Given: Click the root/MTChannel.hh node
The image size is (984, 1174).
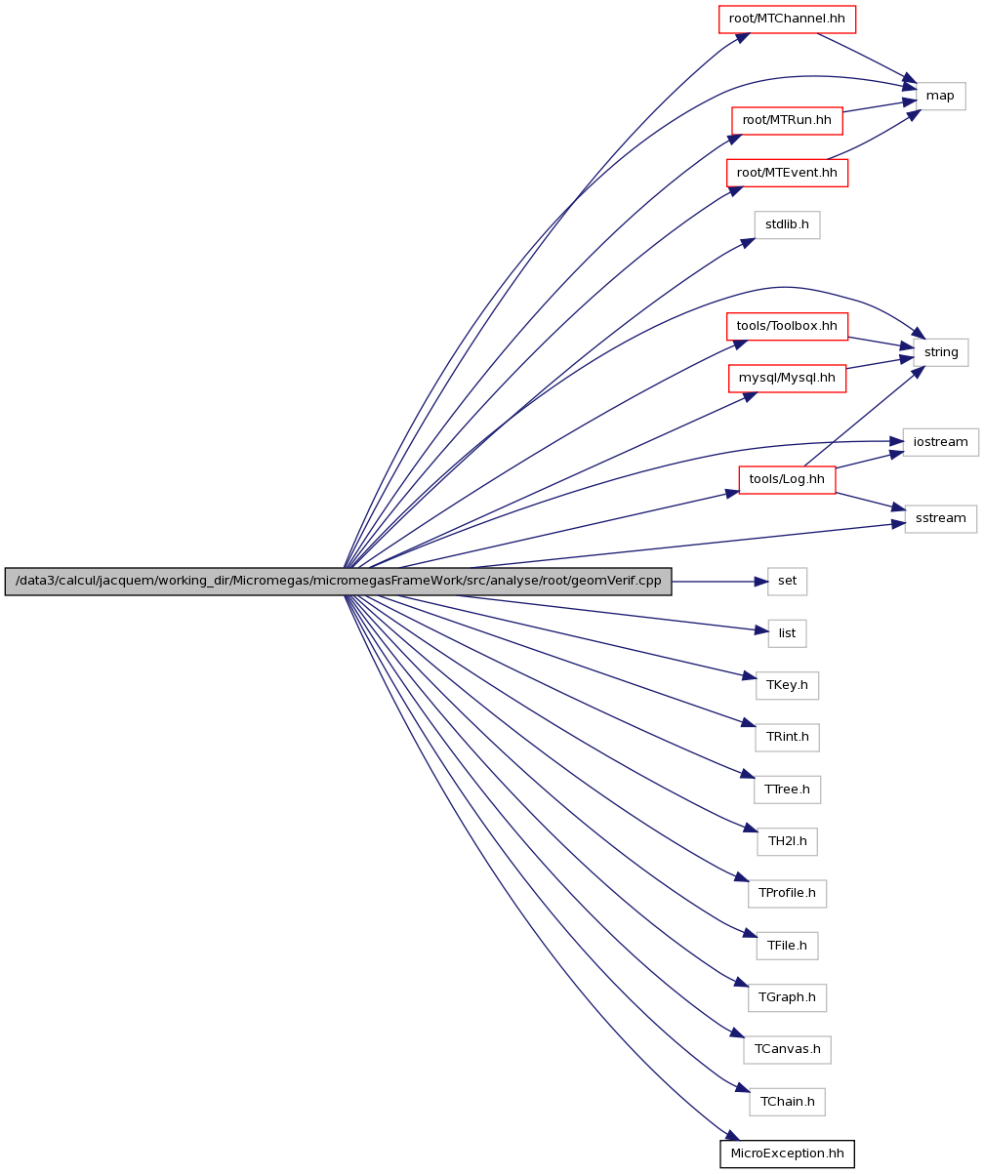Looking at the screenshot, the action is coord(787,20).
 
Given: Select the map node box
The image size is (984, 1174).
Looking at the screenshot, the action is coord(940,97).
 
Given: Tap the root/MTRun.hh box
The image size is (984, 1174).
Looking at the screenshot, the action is coord(787,120).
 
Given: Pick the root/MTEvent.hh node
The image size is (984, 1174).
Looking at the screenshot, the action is coord(787,173).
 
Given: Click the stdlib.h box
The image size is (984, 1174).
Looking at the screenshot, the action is coord(787,224).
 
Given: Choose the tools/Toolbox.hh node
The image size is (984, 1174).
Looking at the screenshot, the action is coord(787,326).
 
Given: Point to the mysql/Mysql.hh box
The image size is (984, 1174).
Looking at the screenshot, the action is coord(787,378).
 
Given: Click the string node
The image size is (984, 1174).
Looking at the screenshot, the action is coord(941,352).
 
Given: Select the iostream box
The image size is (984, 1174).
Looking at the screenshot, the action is coord(940,442).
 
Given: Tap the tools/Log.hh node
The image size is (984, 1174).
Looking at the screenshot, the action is coord(787,479).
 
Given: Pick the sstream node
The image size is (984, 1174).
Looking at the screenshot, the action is coord(940,518).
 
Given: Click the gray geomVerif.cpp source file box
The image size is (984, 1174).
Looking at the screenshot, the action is coord(338,582).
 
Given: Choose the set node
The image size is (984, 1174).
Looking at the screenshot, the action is coord(787,582).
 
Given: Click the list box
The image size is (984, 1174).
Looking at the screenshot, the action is coord(787,633).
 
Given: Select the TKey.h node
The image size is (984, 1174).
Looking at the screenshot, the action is coord(787,685).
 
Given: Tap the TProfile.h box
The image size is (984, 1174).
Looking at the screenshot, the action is coord(787,894).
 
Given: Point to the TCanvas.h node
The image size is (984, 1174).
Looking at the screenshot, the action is coord(787,1050).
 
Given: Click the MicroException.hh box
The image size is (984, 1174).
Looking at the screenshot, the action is coord(787,1154).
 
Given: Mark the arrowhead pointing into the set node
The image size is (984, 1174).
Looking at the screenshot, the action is coord(760,582).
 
